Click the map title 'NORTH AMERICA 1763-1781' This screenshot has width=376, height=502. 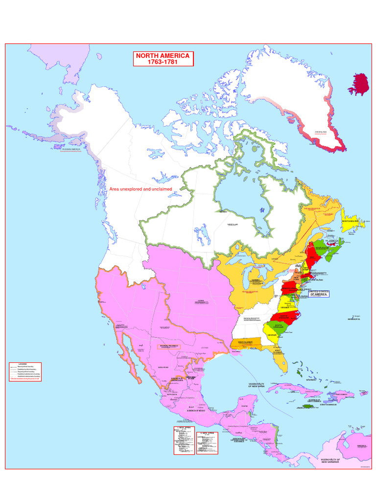click(164, 59)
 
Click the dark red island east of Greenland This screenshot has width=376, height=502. click(360, 84)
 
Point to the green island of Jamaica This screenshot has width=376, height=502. click(307, 406)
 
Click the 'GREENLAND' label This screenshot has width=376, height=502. click(321, 132)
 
